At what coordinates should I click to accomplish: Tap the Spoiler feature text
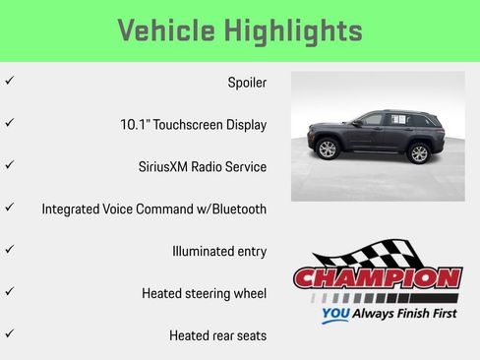(247, 83)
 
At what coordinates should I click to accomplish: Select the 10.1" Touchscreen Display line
(193, 125)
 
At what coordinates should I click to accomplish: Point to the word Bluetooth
(235, 210)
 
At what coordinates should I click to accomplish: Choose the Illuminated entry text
(218, 251)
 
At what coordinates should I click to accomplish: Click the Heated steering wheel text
(204, 293)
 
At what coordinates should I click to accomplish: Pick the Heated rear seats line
(217, 335)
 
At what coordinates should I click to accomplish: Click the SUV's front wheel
(328, 150)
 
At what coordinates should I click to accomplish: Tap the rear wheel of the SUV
(419, 152)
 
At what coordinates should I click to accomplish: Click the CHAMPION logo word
(377, 278)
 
